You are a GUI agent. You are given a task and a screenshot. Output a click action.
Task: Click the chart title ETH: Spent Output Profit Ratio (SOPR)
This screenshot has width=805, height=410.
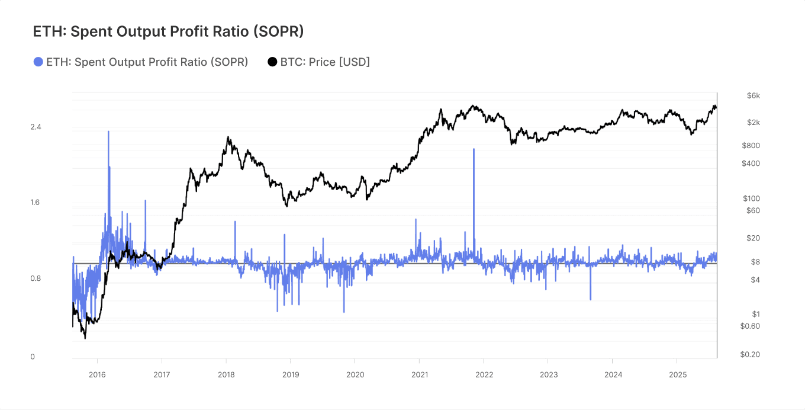(x=168, y=31)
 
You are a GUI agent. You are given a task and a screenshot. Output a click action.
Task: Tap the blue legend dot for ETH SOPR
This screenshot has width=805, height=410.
(x=38, y=62)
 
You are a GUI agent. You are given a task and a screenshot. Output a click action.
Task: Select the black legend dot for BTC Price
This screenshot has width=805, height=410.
(x=272, y=62)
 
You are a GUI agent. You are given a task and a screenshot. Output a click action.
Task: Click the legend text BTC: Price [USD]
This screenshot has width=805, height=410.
(x=325, y=62)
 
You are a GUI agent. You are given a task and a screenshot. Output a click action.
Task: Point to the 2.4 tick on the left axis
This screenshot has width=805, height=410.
(x=36, y=127)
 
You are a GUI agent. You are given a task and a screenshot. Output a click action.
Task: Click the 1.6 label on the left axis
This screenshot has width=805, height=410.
(x=36, y=203)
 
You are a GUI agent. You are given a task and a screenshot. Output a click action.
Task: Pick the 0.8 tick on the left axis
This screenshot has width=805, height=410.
(x=36, y=278)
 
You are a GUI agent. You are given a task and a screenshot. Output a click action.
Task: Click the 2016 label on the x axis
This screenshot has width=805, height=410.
(x=97, y=374)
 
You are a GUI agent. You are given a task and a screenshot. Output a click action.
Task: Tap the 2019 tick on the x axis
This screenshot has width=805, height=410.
(x=291, y=374)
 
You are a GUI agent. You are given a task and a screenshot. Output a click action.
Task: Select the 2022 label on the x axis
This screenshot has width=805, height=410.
(x=484, y=374)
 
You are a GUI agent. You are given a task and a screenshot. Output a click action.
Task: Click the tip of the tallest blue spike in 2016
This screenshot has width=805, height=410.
(x=108, y=132)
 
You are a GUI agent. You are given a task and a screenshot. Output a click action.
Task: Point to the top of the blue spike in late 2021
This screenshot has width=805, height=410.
(x=474, y=149)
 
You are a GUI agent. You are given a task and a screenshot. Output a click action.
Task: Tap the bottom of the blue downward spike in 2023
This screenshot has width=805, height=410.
(x=591, y=299)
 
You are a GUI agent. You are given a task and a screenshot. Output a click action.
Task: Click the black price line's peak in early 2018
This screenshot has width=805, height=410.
(x=228, y=137)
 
